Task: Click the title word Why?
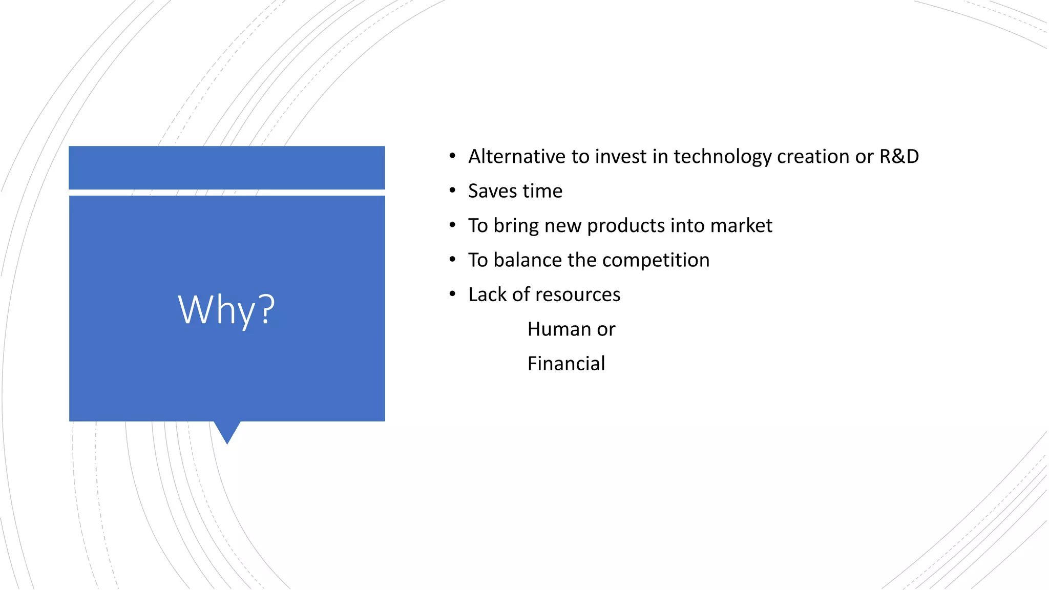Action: (226, 310)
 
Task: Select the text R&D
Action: (899, 157)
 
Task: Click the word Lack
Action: (487, 294)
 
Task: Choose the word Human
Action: (559, 329)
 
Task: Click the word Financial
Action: (566, 364)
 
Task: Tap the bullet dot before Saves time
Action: (452, 191)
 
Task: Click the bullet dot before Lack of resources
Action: (452, 294)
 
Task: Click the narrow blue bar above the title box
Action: (226, 167)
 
